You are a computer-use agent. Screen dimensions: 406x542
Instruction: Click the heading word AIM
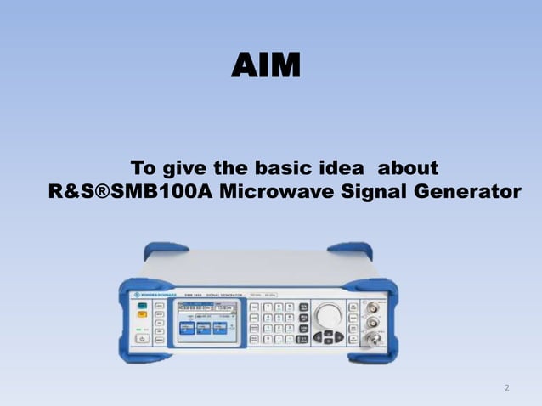click(x=266, y=65)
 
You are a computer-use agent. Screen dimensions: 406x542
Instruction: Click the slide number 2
click(x=507, y=388)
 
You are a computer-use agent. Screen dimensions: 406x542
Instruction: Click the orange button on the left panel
click(x=139, y=324)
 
